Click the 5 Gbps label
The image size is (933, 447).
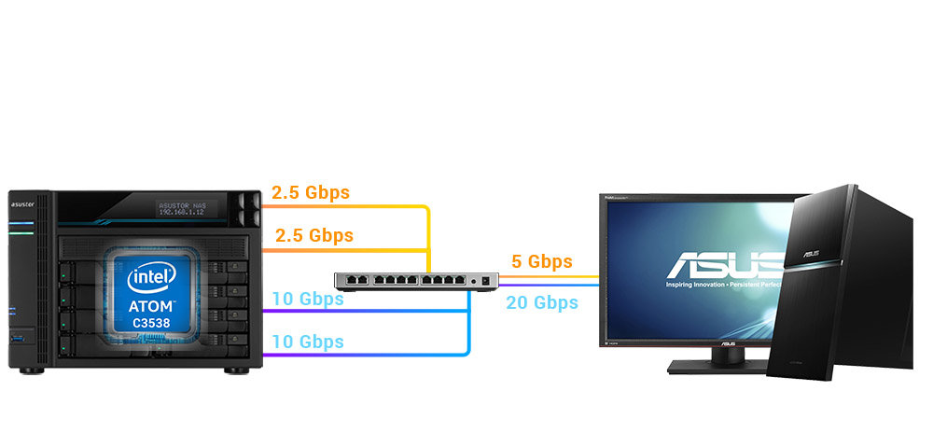(x=541, y=261)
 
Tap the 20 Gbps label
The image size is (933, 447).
(x=542, y=302)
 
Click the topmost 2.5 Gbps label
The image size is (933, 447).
(x=310, y=193)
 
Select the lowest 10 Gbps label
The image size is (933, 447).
(x=308, y=342)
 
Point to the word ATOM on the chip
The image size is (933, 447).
(x=152, y=305)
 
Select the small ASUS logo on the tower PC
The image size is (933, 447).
(x=811, y=253)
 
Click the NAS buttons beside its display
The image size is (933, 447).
(x=246, y=208)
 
